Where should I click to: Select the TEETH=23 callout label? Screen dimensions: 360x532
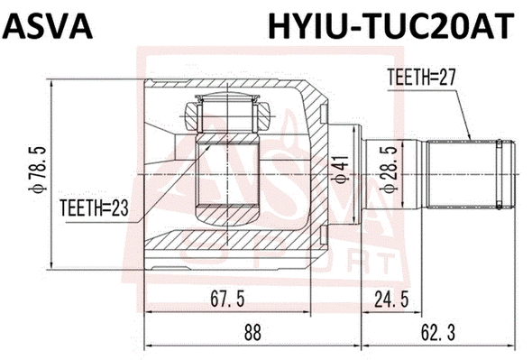tap(95, 208)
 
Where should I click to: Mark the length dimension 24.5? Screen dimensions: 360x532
tap(394, 297)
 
